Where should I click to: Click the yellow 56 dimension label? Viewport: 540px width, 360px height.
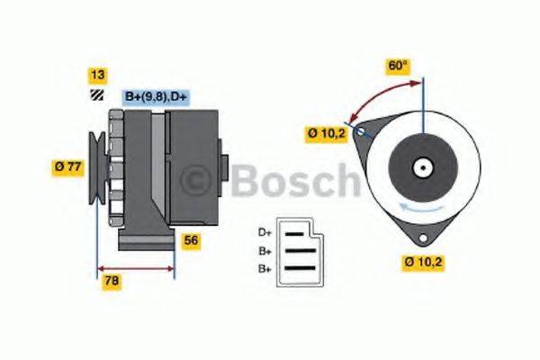[x=191, y=240]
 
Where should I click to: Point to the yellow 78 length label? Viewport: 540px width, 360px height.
[x=112, y=281]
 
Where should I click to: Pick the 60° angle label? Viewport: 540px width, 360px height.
[x=397, y=66]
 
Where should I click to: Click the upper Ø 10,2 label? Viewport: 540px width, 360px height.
[x=327, y=134]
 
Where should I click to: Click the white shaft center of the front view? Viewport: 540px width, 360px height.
[x=421, y=167]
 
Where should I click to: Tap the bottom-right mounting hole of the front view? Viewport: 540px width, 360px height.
[x=421, y=235]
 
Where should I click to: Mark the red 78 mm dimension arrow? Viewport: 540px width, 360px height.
[x=135, y=267]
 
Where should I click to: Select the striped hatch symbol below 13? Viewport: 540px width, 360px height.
[x=94, y=95]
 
